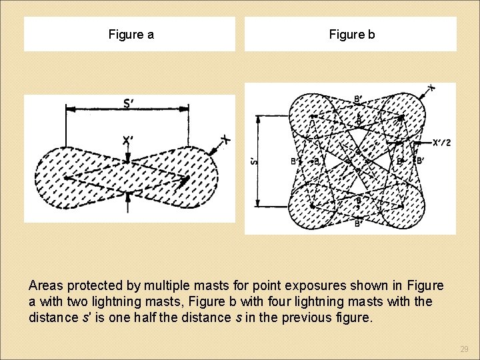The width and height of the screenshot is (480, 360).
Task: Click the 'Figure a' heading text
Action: pyautogui.click(x=131, y=35)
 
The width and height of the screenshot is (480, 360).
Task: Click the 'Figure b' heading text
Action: pyautogui.click(x=352, y=35)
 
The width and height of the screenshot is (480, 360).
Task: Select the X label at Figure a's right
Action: pyautogui.click(x=225, y=139)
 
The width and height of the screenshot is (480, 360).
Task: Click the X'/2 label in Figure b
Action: pyautogui.click(x=441, y=143)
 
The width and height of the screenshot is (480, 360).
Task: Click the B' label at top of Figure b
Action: pyautogui.click(x=359, y=100)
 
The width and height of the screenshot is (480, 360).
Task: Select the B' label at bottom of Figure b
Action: pyautogui.click(x=359, y=224)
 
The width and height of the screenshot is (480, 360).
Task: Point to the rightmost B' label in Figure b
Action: pyautogui.click(x=420, y=161)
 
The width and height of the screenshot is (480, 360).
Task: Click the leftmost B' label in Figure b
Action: pyautogui.click(x=295, y=161)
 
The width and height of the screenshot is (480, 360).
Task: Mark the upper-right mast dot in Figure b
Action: pyautogui.click(x=402, y=118)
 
